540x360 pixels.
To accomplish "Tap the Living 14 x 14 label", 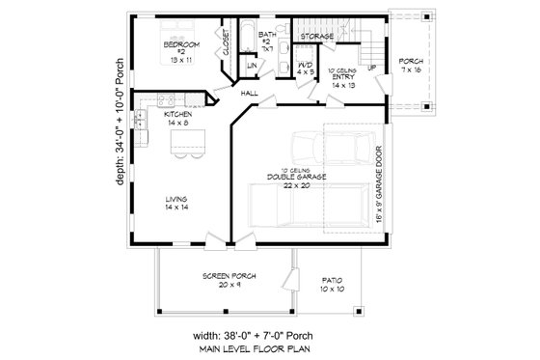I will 176,203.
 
